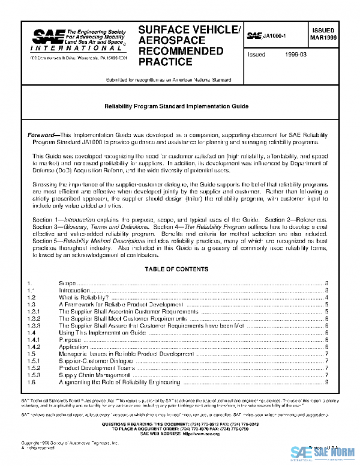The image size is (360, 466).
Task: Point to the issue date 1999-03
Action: click(x=293, y=54)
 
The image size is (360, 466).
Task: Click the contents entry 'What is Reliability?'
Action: click(x=83, y=297)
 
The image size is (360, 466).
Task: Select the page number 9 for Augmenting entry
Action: click(x=325, y=381)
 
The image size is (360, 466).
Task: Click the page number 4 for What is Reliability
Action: click(x=325, y=297)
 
